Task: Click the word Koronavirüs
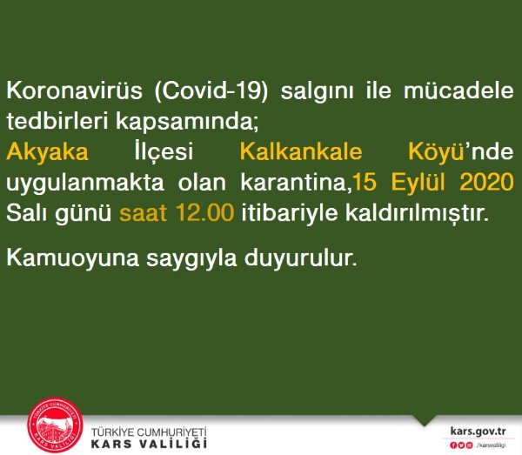[x=75, y=90]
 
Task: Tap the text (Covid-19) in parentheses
[x=211, y=90]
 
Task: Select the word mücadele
[x=458, y=90]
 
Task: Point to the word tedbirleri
[x=57, y=120]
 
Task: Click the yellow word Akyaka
[x=47, y=152]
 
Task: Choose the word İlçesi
[x=164, y=151]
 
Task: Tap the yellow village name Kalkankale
[x=301, y=151]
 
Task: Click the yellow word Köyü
[x=437, y=152]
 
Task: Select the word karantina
[x=293, y=183]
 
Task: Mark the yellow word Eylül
[x=418, y=183]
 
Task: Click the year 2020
[x=486, y=183]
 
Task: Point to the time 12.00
[x=204, y=212]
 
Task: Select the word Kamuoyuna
[x=72, y=258]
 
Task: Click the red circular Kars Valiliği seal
[x=55, y=425]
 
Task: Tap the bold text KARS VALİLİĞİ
[x=149, y=444]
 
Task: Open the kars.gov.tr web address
[x=478, y=431]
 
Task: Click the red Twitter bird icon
[x=461, y=445]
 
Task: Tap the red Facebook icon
[x=453, y=445]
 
